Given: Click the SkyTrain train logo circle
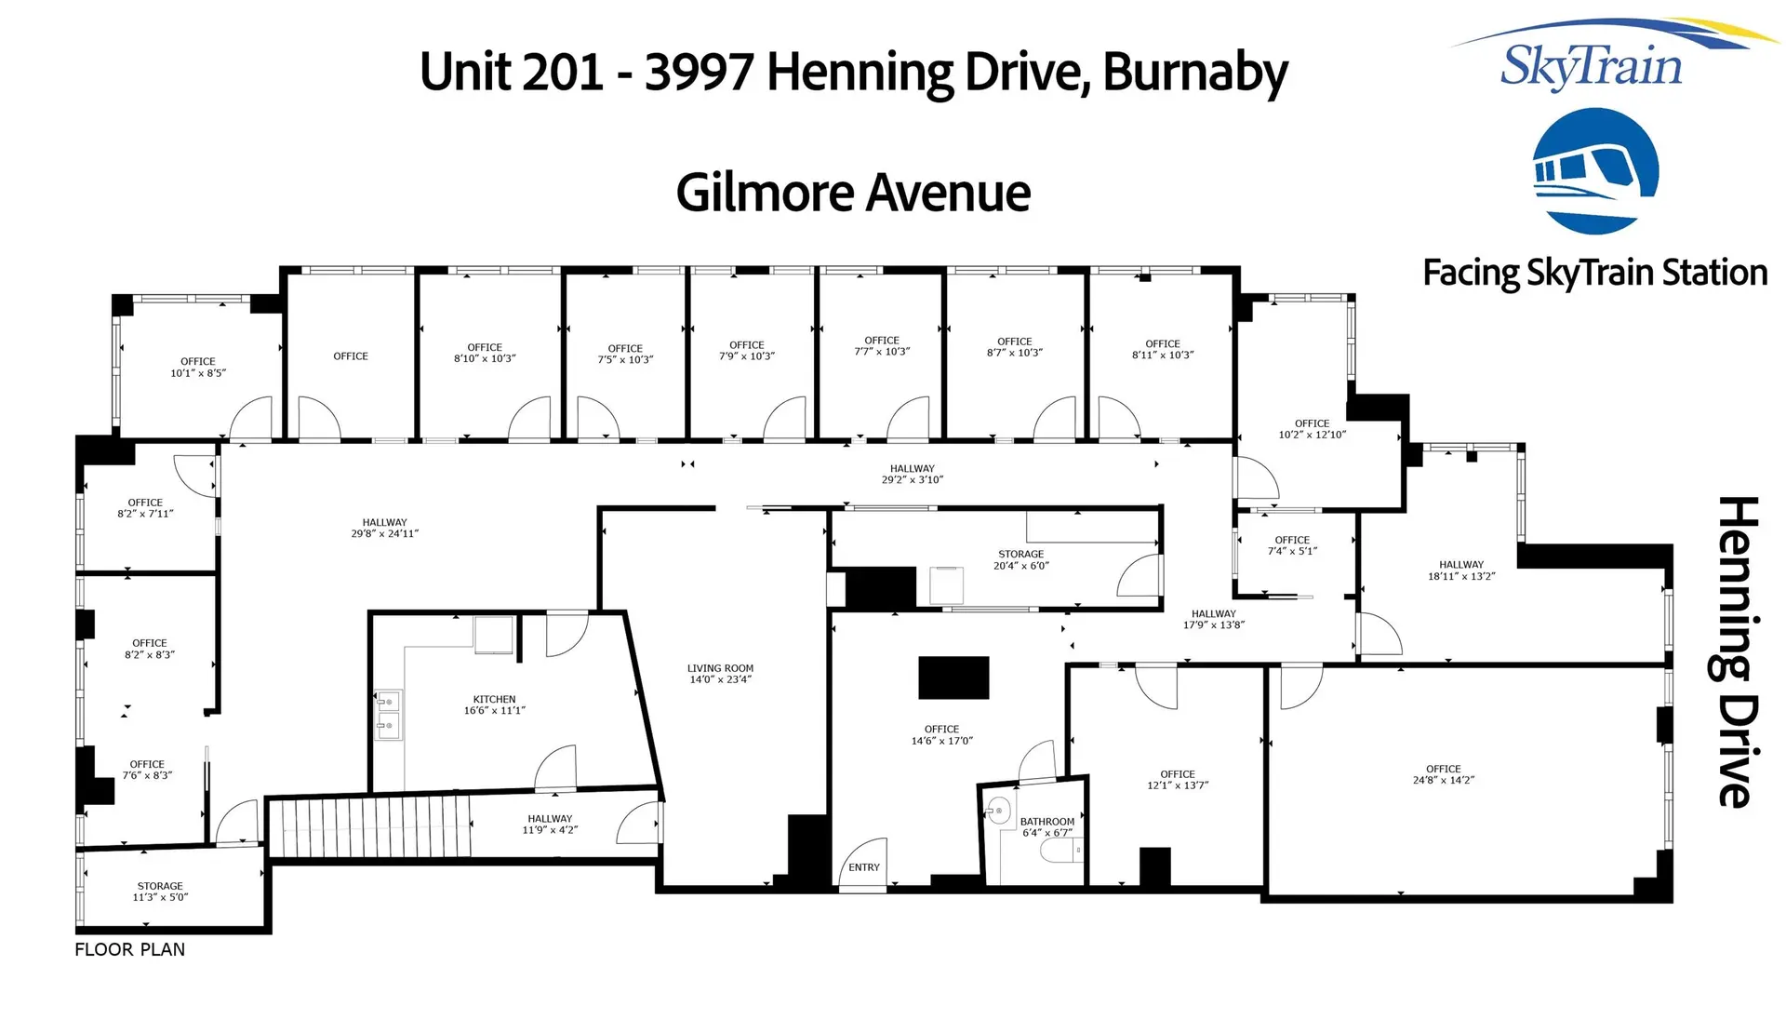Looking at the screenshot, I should (1594, 170).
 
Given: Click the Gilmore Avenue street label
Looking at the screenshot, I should (853, 193).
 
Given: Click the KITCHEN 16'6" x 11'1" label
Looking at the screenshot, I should (494, 704).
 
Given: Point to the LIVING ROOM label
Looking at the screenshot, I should (720, 674).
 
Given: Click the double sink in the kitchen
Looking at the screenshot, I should (388, 714).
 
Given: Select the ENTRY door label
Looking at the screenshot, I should (863, 867).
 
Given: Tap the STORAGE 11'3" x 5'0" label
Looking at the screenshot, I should (160, 892).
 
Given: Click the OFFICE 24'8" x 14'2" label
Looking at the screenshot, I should (1443, 774).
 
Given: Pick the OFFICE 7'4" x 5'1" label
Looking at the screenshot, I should (1292, 545).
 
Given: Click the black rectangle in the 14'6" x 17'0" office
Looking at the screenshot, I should (953, 677).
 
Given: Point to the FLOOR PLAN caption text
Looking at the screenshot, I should (129, 949).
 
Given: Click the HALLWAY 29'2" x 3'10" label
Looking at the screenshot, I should (912, 474).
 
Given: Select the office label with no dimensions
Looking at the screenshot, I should (351, 356).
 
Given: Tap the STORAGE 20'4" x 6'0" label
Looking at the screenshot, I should (1020, 559).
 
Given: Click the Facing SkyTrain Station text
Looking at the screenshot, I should (1594, 273).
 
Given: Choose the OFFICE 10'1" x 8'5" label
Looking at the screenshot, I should (197, 367).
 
